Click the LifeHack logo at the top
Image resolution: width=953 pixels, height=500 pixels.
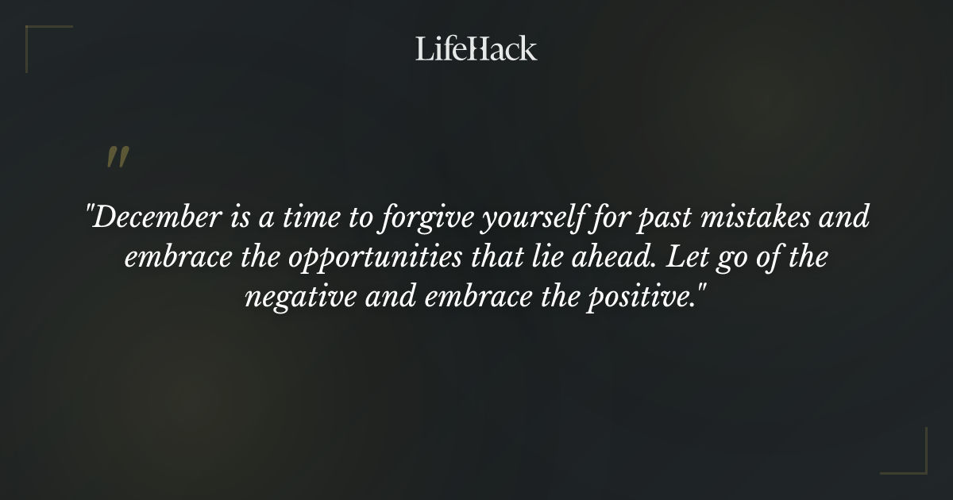(x=476, y=49)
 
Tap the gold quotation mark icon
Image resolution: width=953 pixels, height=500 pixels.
(x=118, y=157)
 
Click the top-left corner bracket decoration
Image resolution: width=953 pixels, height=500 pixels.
(x=40, y=40)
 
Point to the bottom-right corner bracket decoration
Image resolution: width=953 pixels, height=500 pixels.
(x=913, y=460)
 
